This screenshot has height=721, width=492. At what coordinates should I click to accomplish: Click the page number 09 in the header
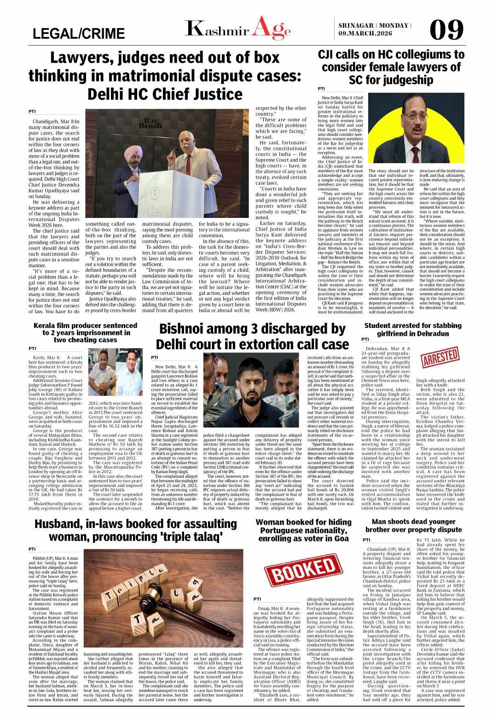446,30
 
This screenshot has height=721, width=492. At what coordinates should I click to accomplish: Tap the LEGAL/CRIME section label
79,34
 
